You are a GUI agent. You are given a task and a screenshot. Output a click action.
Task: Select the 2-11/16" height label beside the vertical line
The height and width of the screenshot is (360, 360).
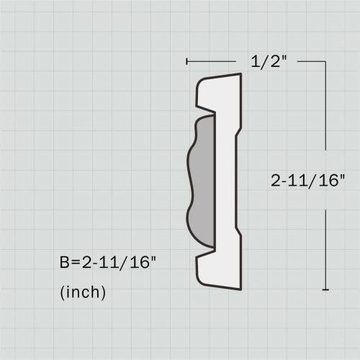click(308, 181)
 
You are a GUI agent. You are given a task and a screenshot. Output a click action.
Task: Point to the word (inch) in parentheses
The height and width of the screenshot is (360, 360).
click(84, 292)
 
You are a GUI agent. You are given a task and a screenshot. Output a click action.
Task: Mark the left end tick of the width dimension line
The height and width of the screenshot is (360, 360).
click(186, 62)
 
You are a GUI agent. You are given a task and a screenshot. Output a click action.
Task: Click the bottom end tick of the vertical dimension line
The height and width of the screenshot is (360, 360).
click(326, 289)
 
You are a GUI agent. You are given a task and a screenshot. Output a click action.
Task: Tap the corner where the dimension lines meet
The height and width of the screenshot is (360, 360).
click(326, 62)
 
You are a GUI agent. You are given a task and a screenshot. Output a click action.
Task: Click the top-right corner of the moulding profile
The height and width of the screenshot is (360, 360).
click(240, 75)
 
